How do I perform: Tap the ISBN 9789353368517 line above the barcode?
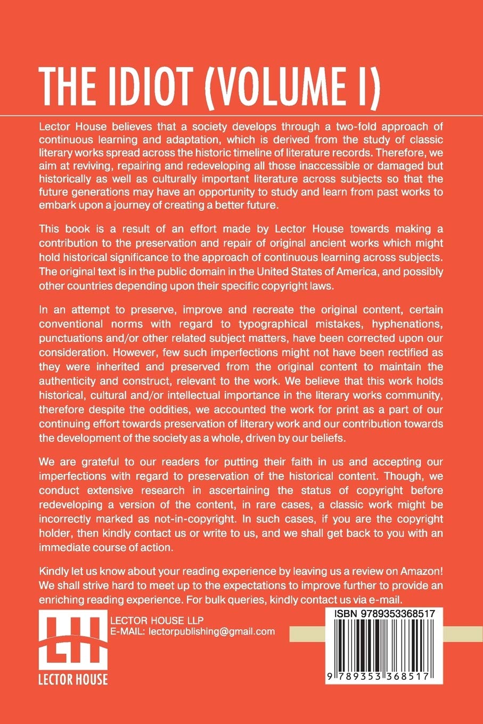coord(384,614)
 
